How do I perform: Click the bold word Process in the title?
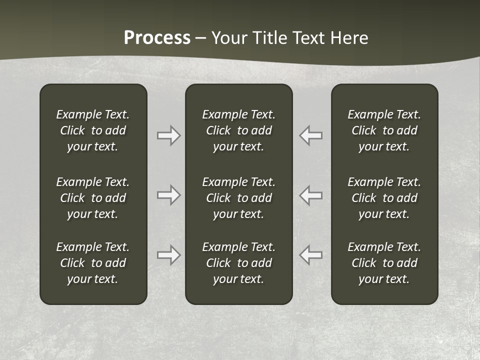(157, 38)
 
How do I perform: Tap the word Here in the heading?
(348, 38)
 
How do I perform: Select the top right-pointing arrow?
(168, 135)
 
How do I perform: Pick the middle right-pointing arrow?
(168, 194)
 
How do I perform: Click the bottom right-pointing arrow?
(168, 255)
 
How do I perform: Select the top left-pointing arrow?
(311, 135)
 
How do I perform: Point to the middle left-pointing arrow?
(311, 194)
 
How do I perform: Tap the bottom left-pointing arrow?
(311, 255)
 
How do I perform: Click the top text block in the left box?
(93, 130)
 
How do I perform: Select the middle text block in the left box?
(93, 198)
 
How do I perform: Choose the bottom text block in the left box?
(93, 263)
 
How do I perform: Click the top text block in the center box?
(239, 130)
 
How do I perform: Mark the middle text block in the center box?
(239, 198)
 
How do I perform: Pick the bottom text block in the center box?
(239, 263)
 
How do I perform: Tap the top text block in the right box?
(384, 130)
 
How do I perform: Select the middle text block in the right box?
(384, 198)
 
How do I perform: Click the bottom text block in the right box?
(384, 263)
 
